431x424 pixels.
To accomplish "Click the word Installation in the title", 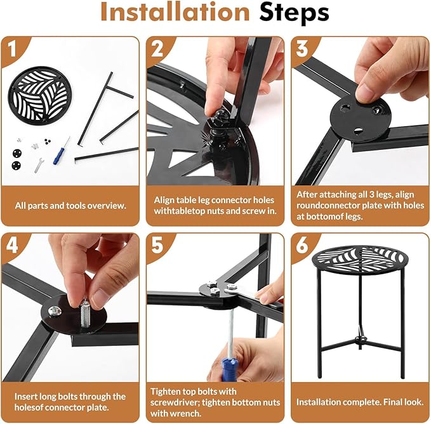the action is (175, 11).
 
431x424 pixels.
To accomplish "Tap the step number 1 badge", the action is (12, 50).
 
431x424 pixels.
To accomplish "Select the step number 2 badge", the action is (157, 50).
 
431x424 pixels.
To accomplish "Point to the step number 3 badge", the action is (302, 50).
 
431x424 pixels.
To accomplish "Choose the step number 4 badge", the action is (12, 246).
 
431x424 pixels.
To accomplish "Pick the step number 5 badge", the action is (157, 246).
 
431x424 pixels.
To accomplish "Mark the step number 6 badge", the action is (302, 246).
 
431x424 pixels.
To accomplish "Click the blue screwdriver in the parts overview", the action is (62, 151).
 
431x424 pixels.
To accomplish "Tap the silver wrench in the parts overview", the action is (39, 165).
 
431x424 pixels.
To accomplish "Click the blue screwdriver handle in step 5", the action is (228, 368).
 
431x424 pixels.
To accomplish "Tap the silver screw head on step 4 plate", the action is (54, 311).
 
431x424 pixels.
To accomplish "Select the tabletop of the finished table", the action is (360, 258).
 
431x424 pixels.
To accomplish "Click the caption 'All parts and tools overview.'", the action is (70, 206).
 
